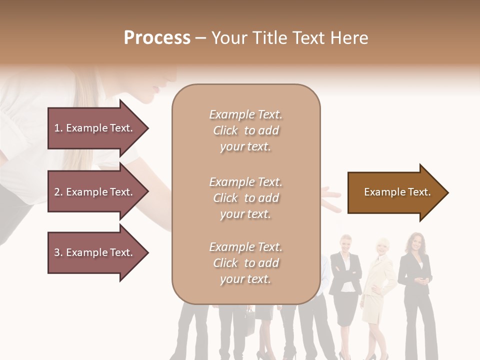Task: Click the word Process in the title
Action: [x=157, y=38]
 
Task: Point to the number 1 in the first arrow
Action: [x=57, y=128]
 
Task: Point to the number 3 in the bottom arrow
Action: [x=57, y=252]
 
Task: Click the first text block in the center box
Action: [x=245, y=130]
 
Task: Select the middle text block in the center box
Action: [x=245, y=198]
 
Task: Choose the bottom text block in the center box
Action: [x=245, y=263]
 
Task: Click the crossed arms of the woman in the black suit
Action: [x=345, y=273]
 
